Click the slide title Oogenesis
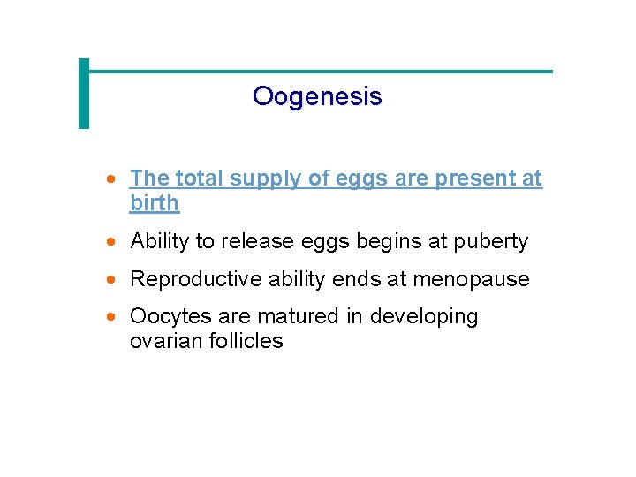(317, 95)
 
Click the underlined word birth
(155, 203)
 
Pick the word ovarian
(166, 341)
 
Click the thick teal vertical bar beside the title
(84, 94)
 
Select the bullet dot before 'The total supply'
(110, 178)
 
